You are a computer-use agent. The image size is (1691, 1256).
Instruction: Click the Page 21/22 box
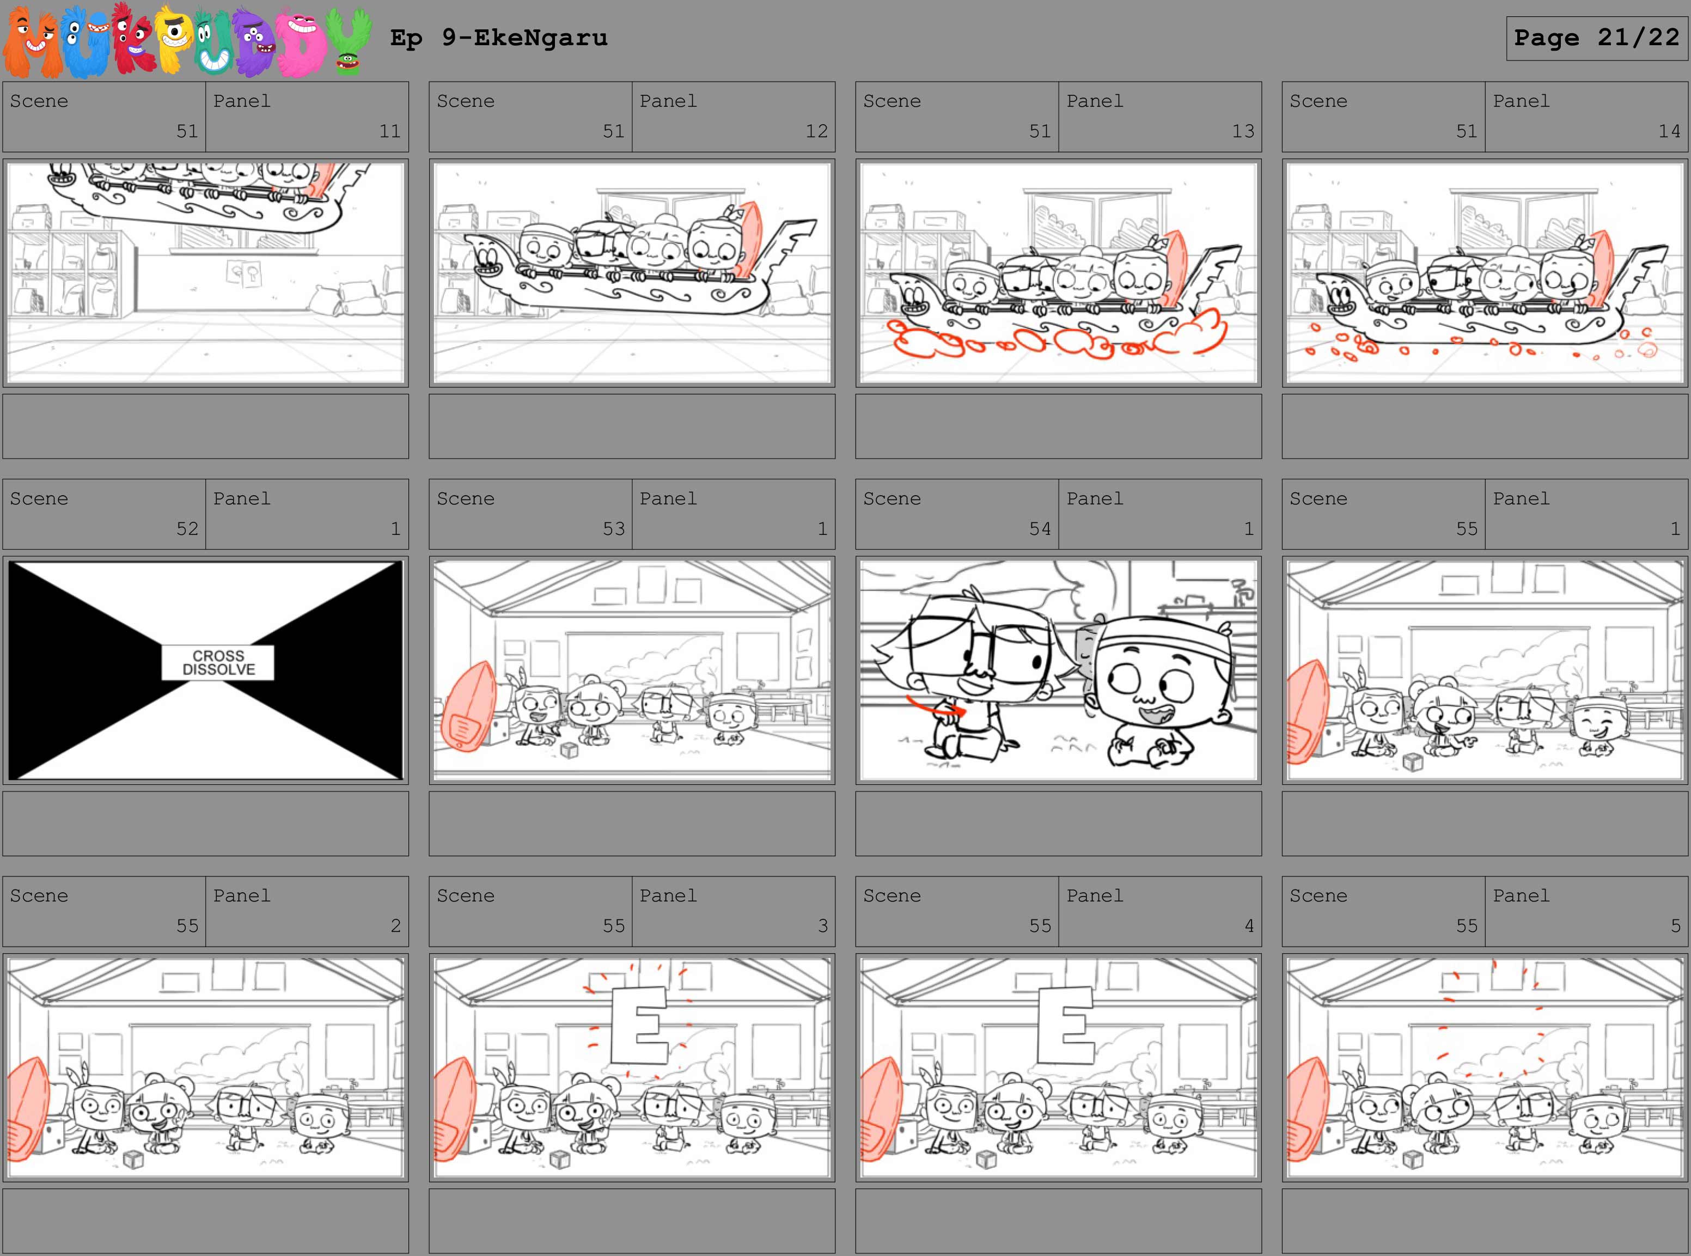tap(1597, 38)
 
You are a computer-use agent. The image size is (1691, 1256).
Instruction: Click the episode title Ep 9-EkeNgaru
tap(498, 38)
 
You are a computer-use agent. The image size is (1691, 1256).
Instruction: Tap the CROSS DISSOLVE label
tap(218, 662)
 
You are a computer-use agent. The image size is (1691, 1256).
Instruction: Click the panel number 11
tap(390, 131)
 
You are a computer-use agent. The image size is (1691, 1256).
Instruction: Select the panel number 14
tap(1669, 131)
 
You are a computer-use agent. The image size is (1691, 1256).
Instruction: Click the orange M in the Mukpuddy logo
tap(32, 42)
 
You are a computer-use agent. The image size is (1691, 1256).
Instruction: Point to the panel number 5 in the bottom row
tap(1675, 926)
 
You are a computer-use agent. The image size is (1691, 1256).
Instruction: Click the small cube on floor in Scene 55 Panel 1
tap(1412, 762)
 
